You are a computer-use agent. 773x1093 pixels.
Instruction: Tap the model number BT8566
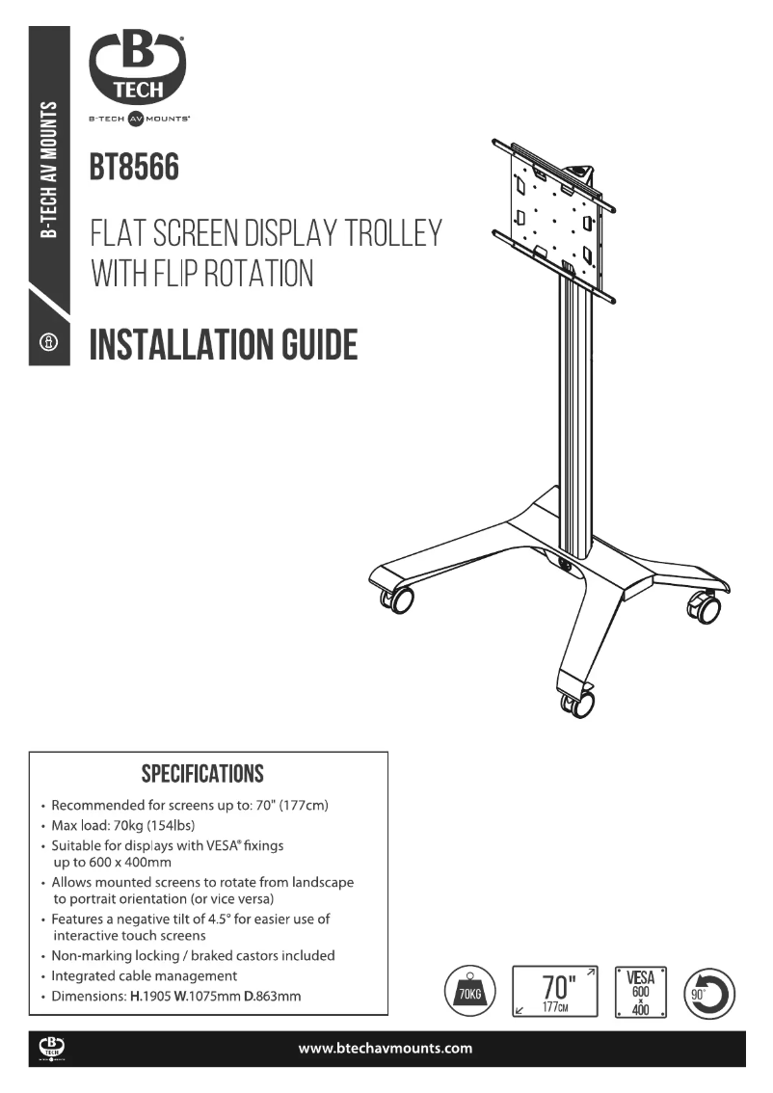134,167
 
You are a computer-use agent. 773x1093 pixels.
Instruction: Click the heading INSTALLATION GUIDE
224,344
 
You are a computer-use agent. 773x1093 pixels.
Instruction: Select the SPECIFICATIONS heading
202,774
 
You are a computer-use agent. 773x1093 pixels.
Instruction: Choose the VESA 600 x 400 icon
640,992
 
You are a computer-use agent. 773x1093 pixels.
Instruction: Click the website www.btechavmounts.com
386,1049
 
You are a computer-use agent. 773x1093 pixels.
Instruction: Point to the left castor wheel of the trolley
398,600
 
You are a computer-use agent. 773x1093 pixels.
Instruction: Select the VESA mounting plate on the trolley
553,218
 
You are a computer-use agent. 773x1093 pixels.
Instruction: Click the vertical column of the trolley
575,405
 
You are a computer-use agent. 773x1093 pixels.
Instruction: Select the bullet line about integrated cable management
144,976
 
